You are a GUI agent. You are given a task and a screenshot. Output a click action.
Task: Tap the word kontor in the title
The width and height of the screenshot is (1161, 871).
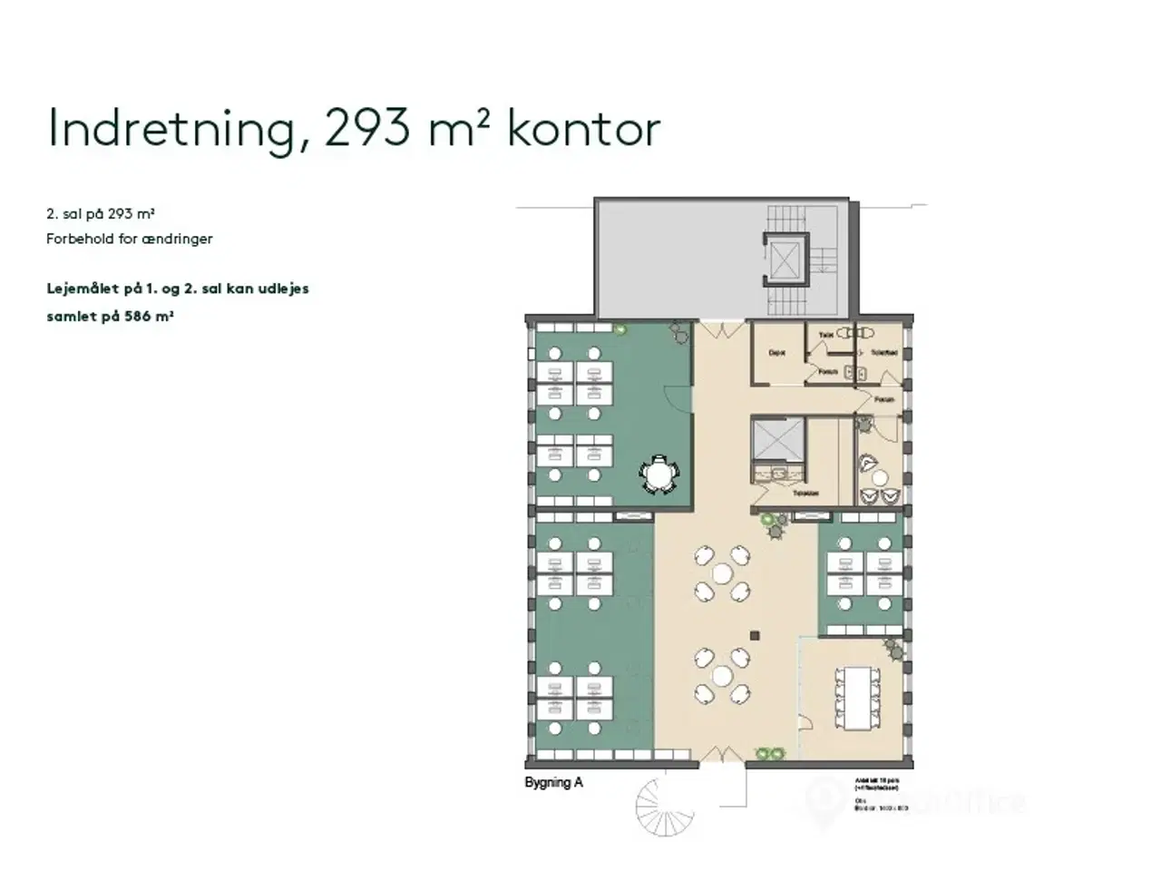click(x=582, y=129)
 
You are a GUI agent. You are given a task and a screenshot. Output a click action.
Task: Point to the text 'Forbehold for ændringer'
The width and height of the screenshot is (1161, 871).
click(x=130, y=240)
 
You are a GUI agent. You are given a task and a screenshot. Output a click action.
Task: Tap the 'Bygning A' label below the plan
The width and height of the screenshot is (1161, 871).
click(x=553, y=782)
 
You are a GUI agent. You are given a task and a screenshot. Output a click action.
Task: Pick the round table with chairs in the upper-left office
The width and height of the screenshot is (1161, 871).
click(x=659, y=474)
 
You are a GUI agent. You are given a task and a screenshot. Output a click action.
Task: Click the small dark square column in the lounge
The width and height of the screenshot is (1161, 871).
click(x=753, y=634)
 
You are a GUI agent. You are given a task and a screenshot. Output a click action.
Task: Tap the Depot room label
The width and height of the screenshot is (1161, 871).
click(x=776, y=353)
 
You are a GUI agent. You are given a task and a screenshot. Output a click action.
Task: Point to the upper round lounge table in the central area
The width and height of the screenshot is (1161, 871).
click(x=722, y=573)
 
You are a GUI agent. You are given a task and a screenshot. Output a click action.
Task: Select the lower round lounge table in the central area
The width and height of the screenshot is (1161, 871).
click(x=722, y=676)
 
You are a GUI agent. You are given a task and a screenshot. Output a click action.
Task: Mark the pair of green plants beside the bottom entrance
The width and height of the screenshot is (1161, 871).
click(x=771, y=753)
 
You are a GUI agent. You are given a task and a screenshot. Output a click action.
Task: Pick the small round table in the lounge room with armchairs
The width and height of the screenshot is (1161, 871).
click(x=879, y=478)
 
